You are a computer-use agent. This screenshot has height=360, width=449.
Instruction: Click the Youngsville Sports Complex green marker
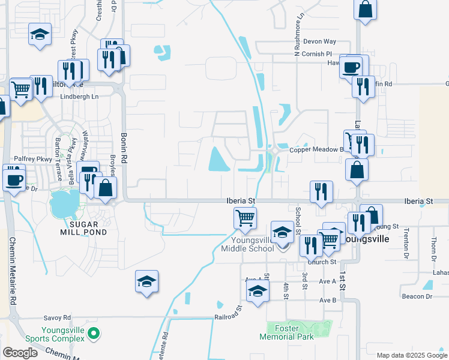(93, 332)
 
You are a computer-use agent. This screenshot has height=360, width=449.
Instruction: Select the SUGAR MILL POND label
(79, 227)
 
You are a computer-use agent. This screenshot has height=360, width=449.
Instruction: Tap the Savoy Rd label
(57, 317)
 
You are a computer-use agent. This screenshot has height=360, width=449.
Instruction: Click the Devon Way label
(319, 41)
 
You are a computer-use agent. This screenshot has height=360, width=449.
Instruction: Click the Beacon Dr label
(417, 296)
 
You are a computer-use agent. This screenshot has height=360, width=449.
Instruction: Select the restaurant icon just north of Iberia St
(321, 191)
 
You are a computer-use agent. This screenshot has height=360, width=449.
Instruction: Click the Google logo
(20, 353)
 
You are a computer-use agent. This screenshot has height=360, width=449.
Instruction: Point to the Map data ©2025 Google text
(411, 355)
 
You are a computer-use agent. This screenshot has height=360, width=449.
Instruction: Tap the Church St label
(322, 262)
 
